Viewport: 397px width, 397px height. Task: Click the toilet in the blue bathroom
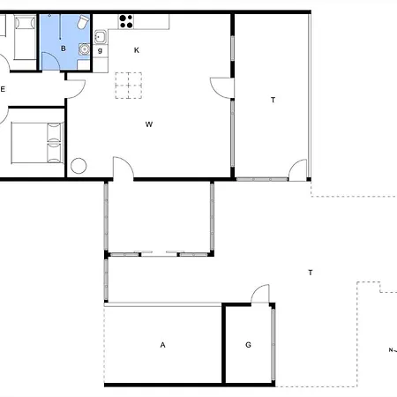83,22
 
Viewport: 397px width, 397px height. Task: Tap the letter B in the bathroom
64,49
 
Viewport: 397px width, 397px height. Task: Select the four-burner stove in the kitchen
126,22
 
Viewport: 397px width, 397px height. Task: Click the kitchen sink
101,37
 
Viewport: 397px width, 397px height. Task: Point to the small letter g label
100,50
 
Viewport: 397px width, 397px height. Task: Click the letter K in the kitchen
137,50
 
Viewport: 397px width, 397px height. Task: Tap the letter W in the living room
149,124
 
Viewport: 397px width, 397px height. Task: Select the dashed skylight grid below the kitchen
129,86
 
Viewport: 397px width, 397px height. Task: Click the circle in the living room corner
79,166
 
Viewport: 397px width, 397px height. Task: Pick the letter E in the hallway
3,89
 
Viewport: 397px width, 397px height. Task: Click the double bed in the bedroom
37,143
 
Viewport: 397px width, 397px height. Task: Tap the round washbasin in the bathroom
84,49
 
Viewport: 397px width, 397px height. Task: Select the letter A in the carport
162,345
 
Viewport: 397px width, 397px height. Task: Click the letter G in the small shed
248,345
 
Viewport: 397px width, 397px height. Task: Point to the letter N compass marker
391,350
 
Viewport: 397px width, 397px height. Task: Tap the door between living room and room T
222,88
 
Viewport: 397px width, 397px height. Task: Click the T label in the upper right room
273,101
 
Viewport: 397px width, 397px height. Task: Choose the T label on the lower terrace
311,273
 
